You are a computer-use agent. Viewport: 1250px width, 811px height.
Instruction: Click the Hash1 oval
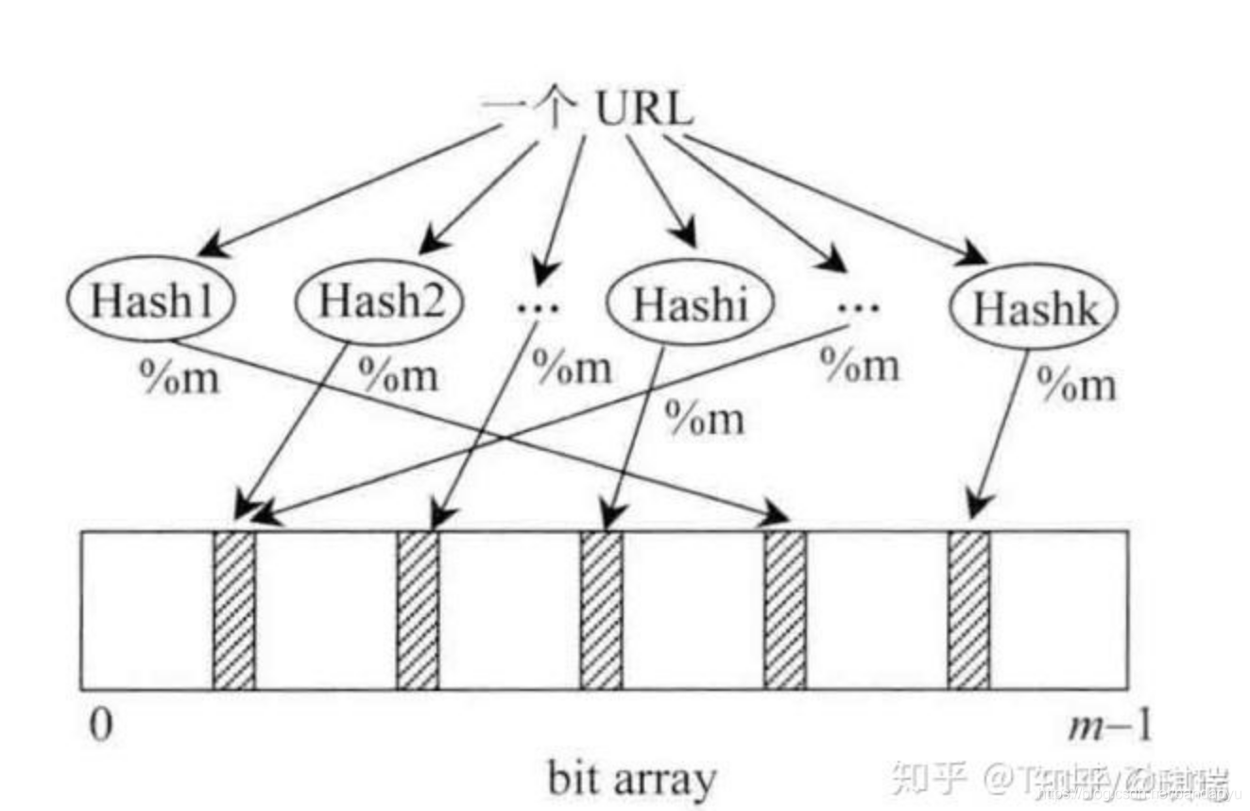click(x=150, y=302)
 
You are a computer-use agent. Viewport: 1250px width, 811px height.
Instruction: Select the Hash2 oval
click(x=380, y=303)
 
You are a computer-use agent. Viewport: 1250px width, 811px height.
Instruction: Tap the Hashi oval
click(x=690, y=304)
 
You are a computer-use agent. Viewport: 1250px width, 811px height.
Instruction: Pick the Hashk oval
click(x=1034, y=308)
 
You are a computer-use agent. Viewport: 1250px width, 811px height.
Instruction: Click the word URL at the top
click(x=642, y=111)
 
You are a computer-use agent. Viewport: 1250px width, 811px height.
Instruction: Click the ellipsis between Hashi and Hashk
click(x=857, y=305)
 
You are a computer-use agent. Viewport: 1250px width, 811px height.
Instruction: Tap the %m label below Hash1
click(x=180, y=377)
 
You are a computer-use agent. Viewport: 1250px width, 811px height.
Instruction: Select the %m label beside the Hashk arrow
click(x=1075, y=384)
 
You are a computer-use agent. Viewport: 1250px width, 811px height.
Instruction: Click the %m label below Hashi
click(x=704, y=417)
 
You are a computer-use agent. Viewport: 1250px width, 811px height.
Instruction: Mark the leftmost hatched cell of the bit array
click(x=233, y=610)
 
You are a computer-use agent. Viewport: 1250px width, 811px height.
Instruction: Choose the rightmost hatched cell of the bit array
click(x=968, y=610)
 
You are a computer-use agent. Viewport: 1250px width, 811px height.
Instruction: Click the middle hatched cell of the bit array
click(x=601, y=610)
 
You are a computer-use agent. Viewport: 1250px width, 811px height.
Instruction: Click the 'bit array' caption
click(x=630, y=780)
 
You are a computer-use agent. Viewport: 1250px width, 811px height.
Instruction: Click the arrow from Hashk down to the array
click(x=1000, y=435)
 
